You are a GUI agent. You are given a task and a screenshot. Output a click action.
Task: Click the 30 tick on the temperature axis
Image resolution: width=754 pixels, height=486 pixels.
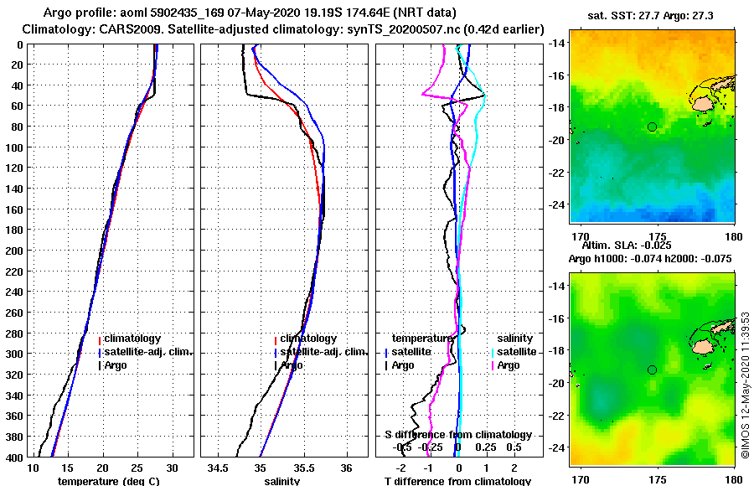coord(173,467)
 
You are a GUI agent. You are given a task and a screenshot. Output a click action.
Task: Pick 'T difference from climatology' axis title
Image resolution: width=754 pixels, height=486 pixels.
coord(457,481)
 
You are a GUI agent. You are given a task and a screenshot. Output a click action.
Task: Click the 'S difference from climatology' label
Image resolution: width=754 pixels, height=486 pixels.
coord(457,435)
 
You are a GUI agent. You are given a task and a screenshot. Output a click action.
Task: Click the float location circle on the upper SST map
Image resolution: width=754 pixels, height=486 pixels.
coord(652,127)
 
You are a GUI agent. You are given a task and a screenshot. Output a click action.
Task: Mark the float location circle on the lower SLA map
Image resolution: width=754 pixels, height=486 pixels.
coord(652,370)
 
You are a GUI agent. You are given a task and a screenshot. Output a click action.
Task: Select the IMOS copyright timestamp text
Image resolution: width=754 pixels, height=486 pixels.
coord(745,370)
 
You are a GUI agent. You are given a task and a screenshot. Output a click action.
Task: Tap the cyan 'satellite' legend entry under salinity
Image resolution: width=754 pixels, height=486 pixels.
coord(518,352)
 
